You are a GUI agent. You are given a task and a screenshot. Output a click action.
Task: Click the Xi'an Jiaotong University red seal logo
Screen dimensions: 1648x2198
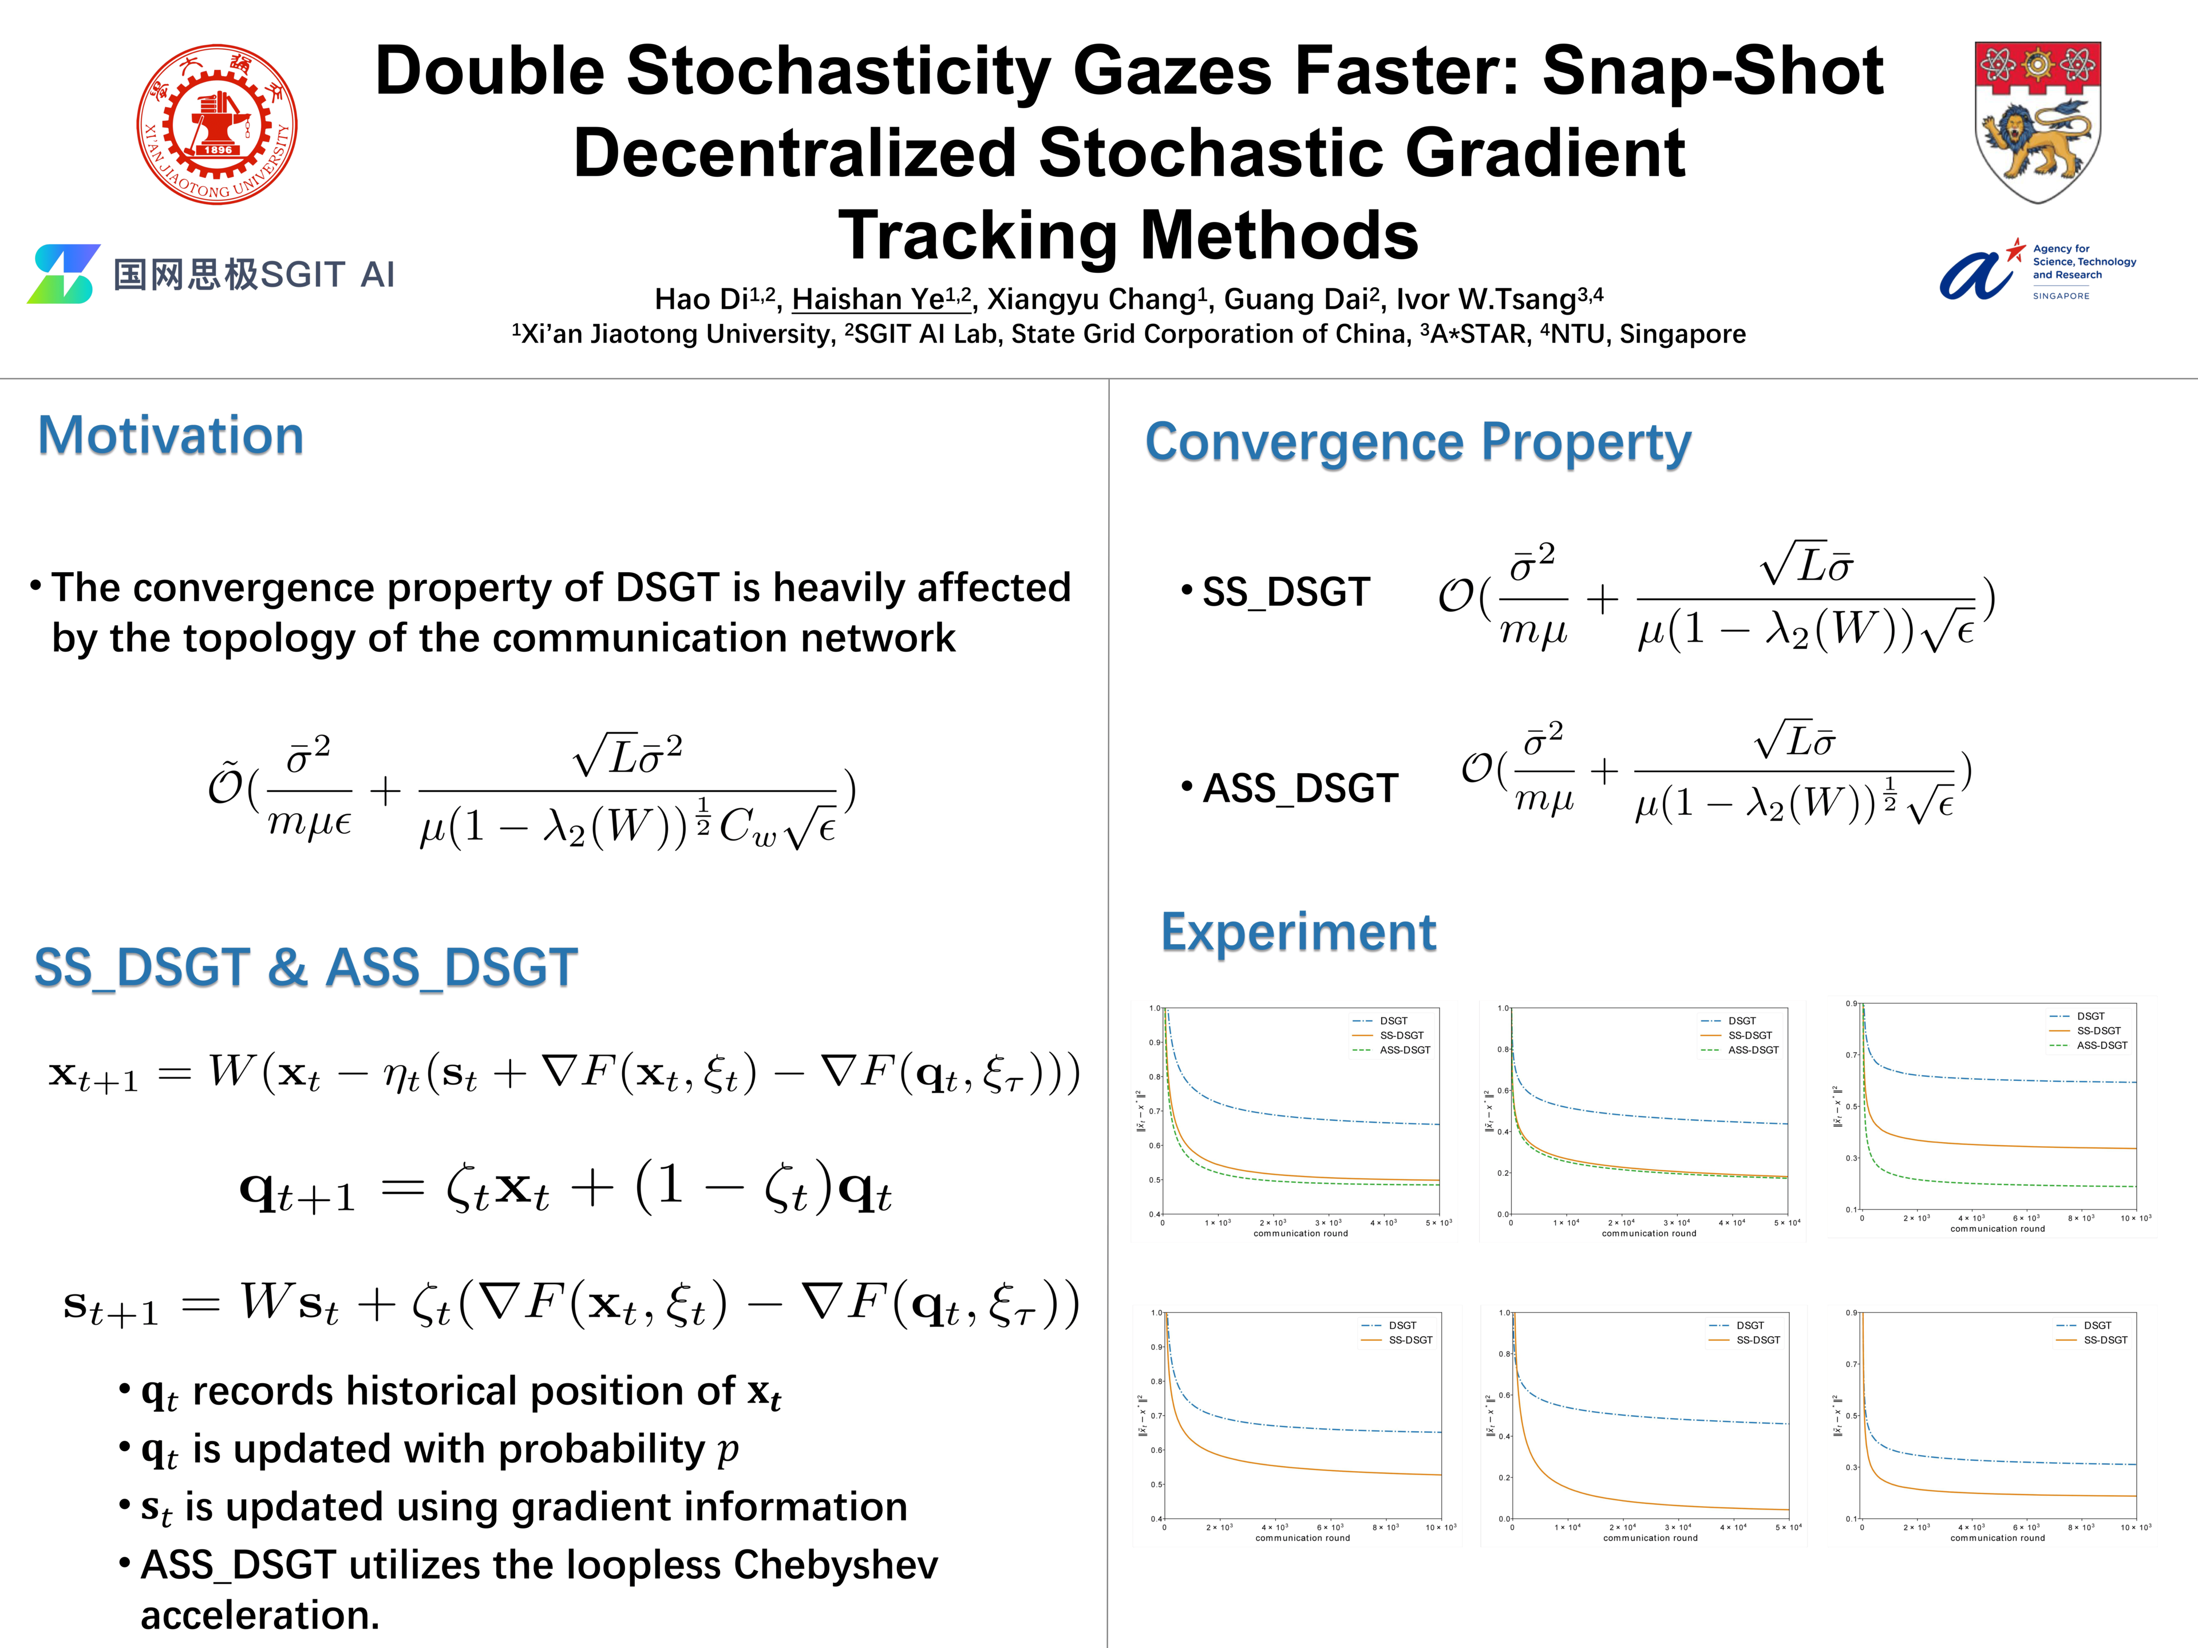click(x=216, y=124)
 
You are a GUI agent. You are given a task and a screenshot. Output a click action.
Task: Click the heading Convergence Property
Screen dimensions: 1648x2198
click(x=1417, y=442)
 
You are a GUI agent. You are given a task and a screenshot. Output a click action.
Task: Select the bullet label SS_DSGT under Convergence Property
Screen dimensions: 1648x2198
click(x=1286, y=592)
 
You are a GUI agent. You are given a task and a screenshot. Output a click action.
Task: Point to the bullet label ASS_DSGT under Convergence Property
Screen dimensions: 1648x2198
click(x=1300, y=789)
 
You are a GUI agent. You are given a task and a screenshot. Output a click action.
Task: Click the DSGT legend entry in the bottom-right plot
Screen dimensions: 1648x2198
click(x=2097, y=1325)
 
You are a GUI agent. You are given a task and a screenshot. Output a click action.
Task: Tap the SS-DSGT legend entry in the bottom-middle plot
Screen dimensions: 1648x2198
click(x=1758, y=1340)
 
